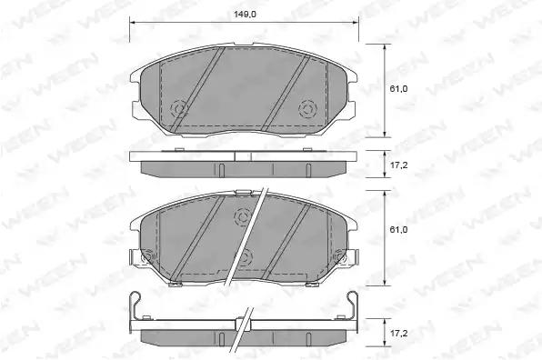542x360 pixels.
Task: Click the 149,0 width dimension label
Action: (245, 15)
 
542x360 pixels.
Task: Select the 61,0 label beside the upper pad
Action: (398, 89)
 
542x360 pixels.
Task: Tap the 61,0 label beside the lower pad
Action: (398, 230)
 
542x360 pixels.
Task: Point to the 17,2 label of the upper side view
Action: (398, 165)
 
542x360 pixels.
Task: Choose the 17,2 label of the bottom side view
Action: (398, 334)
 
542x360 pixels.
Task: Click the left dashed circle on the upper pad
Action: (180, 109)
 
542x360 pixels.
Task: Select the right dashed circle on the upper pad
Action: (307, 109)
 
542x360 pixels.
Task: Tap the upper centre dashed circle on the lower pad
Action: (243, 217)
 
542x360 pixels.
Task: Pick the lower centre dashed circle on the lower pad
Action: (244, 257)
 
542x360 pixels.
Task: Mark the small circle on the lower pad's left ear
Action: (147, 256)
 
